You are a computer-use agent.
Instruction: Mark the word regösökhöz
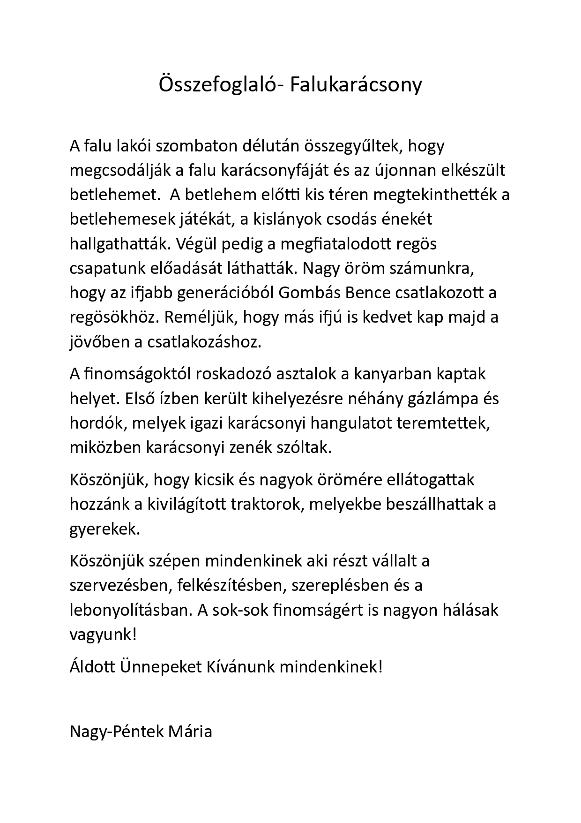112,317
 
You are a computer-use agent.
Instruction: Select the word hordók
97,423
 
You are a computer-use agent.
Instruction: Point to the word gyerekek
104,529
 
